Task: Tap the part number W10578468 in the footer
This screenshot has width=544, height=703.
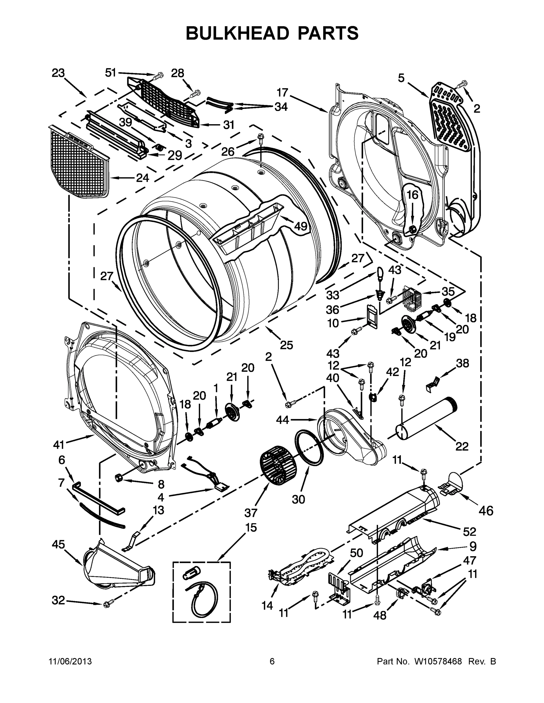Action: click(x=438, y=661)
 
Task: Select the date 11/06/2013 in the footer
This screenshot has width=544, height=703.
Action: click(x=70, y=661)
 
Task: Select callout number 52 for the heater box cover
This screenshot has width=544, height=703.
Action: click(x=469, y=531)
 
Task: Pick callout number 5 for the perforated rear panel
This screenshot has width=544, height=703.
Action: click(x=401, y=78)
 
